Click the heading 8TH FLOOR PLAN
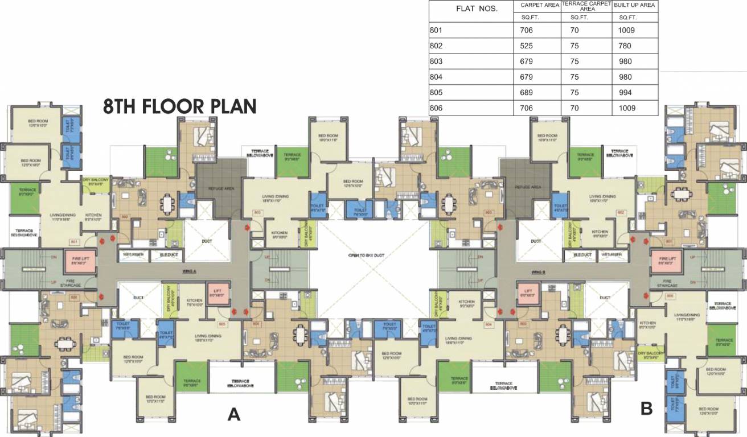coord(180,106)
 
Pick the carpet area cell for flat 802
coord(527,46)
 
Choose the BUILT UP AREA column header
coord(635,5)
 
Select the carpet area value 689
coord(527,92)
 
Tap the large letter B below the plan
coord(646,408)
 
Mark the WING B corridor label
coord(539,271)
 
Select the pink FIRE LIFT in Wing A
coord(79,261)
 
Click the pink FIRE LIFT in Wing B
coord(666,261)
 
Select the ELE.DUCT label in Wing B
coord(581,255)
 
